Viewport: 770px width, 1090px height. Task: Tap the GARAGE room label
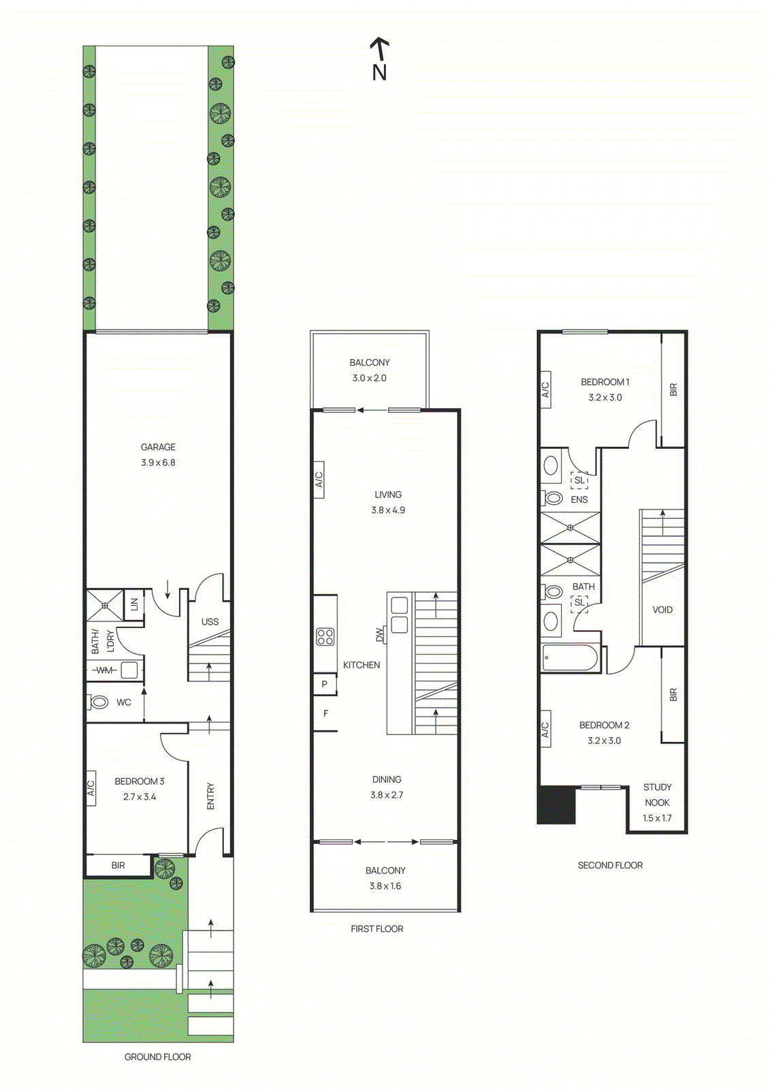pos(158,448)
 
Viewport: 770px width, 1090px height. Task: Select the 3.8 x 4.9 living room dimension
pos(388,510)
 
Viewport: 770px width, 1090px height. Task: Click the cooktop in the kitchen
pos(325,637)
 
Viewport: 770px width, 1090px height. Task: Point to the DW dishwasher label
pos(379,634)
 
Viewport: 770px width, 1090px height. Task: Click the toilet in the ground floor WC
pos(99,702)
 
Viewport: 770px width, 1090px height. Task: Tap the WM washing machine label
pos(104,670)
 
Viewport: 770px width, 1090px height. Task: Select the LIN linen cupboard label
pos(134,604)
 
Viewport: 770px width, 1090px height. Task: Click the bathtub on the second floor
pos(571,659)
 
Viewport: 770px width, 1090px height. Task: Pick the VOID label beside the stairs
pos(662,610)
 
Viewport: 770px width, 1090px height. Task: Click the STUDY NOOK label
pos(657,795)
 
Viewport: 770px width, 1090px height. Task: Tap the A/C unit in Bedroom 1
pos(545,390)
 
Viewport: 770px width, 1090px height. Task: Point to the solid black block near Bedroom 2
pos(557,805)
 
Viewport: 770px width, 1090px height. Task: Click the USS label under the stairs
pos(210,622)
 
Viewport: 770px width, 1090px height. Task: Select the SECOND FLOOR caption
pos(610,865)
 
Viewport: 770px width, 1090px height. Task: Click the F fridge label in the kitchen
pos(325,714)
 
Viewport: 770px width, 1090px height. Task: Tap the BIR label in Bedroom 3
pos(118,865)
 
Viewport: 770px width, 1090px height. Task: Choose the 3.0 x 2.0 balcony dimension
pos(369,378)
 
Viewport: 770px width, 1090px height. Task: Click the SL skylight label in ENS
pos(579,480)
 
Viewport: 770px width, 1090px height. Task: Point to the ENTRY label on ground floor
pos(210,796)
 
